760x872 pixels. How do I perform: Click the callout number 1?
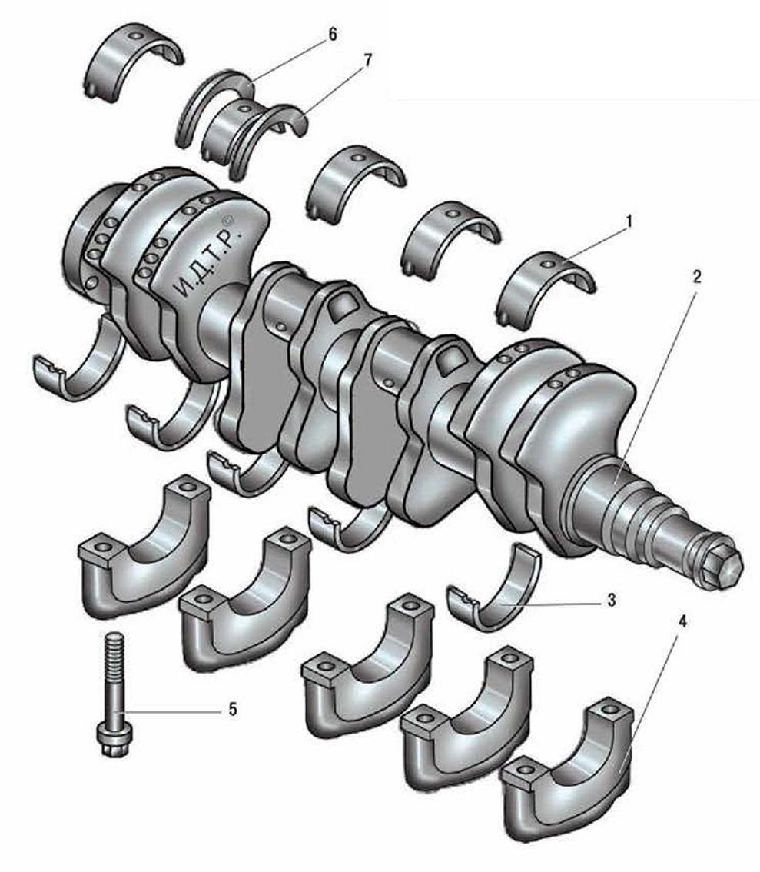coord(629,222)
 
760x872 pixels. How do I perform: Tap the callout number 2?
coord(697,276)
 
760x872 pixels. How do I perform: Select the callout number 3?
coord(611,601)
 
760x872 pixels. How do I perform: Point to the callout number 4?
coord(683,622)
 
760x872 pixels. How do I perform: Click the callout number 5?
coord(233,709)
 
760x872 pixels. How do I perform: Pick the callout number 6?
coord(332,35)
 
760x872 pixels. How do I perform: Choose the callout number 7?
coord(367,60)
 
